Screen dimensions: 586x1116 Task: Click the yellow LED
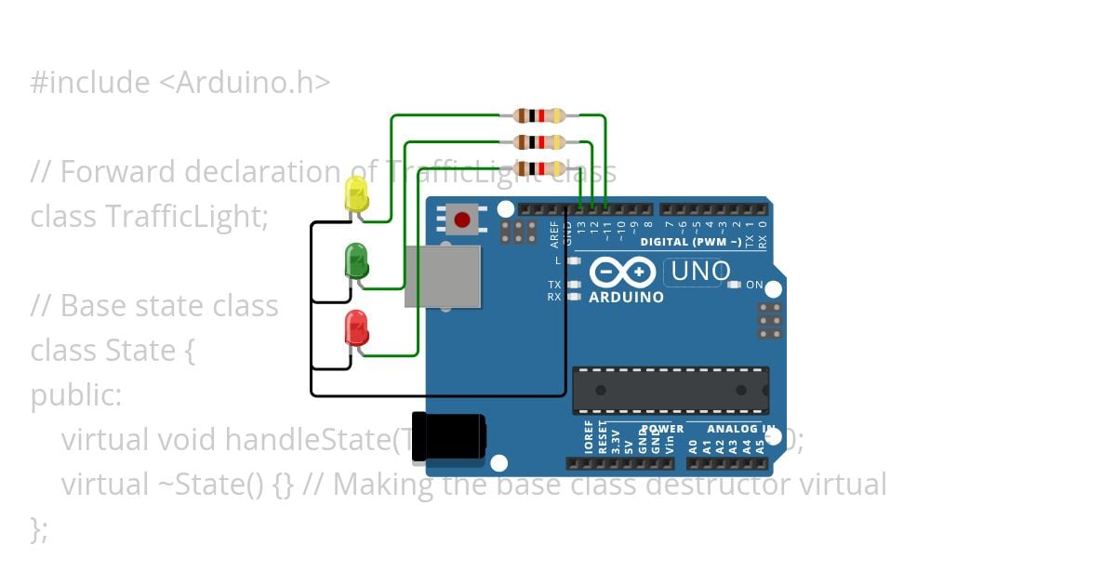point(356,193)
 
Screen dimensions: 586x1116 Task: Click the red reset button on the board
point(462,220)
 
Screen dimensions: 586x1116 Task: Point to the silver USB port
point(443,276)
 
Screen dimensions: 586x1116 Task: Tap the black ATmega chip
point(671,390)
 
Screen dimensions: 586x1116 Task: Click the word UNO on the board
point(700,272)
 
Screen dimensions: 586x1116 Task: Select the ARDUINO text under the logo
point(627,298)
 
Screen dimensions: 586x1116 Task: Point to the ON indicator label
point(754,285)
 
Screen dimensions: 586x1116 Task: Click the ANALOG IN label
point(742,429)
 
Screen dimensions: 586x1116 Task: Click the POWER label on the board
point(662,429)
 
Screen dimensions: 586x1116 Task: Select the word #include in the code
point(89,83)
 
